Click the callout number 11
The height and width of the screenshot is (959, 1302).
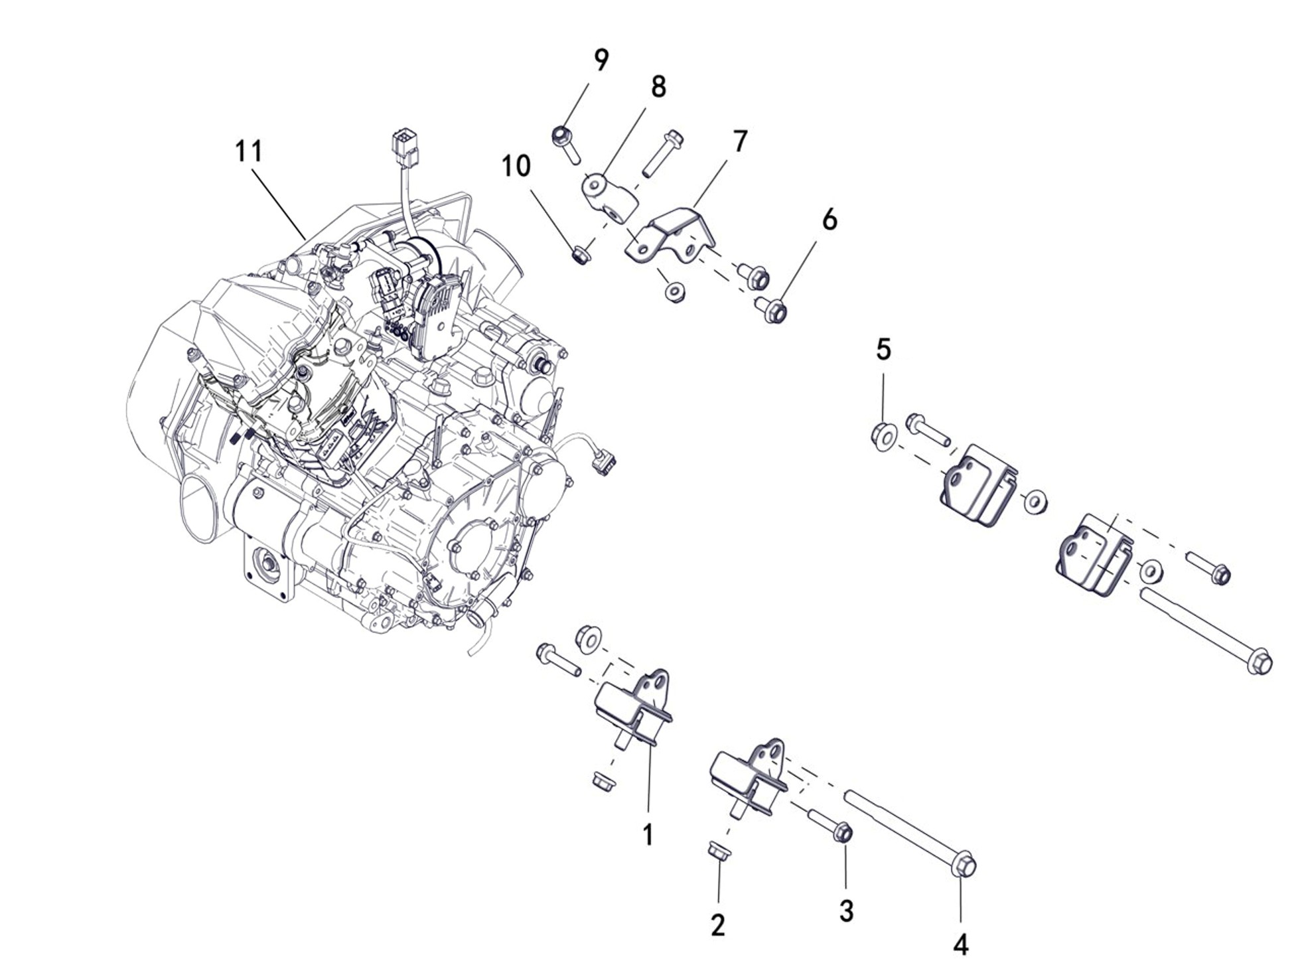249,151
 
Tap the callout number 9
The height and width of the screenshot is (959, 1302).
601,60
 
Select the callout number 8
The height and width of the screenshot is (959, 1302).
658,86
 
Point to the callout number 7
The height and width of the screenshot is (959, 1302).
740,141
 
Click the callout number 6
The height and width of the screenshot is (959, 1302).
830,219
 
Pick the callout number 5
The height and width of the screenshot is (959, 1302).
883,349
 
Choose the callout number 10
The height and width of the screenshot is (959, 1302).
516,166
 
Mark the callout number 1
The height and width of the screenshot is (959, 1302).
648,834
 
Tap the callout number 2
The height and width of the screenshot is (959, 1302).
717,924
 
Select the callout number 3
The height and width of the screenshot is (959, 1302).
846,911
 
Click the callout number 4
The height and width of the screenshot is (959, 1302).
960,942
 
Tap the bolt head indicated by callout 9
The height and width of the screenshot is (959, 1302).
562,136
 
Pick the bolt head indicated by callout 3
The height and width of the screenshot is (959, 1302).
842,832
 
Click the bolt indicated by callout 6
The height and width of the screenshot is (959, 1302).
772,310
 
